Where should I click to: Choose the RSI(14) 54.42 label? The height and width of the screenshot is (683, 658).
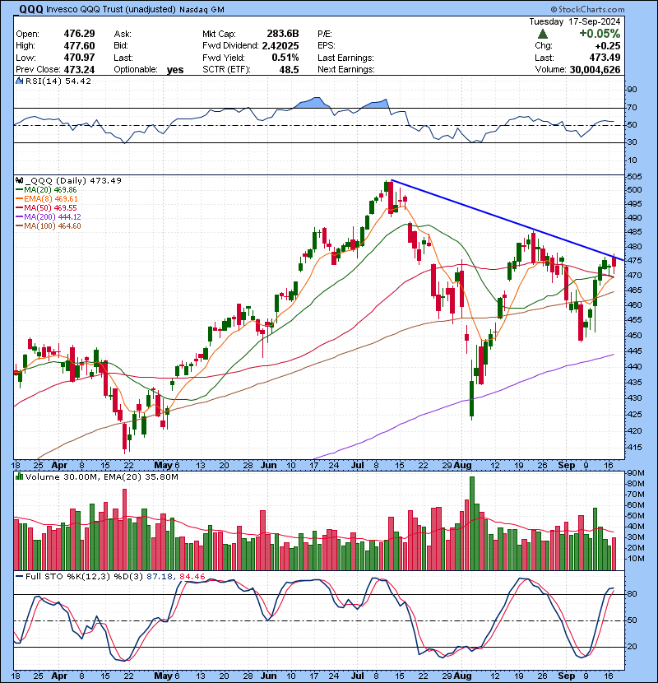click(50, 81)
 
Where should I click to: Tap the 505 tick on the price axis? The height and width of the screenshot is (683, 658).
click(634, 176)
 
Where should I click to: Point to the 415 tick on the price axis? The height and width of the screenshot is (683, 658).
click(634, 446)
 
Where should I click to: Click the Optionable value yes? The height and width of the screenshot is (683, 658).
click(175, 69)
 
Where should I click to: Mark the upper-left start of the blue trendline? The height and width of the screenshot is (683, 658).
click(391, 179)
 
